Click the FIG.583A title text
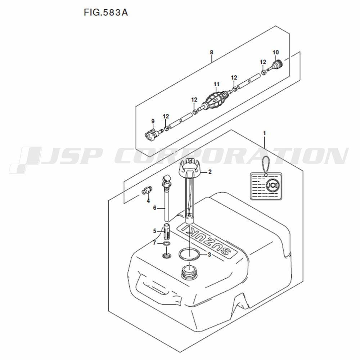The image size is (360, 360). tap(105, 12)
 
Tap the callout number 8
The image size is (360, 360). tap(211, 52)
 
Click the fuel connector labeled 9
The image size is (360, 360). tap(153, 134)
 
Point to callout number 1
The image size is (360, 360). tap(265, 133)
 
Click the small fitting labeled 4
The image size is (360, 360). tap(146, 190)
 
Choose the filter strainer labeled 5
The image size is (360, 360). tap(166, 231)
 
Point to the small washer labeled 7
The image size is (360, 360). tap(166, 243)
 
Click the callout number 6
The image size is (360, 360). tap(154, 208)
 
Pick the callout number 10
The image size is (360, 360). tap(275, 52)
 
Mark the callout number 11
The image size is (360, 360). tap(216, 84)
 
